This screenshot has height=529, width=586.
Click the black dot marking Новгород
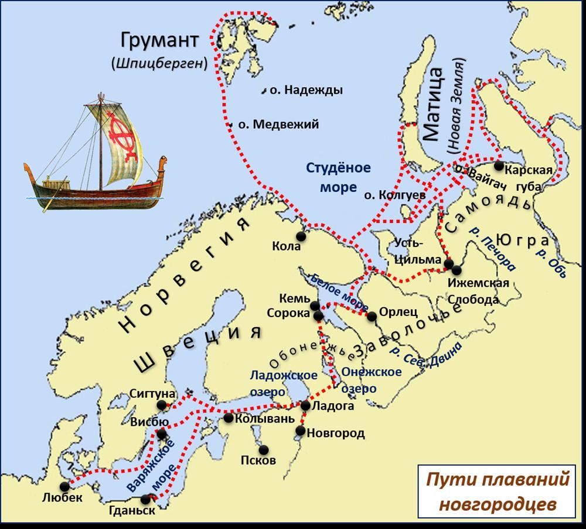pyautogui.click(x=300, y=431)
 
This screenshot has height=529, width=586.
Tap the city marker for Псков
pyautogui.click(x=263, y=449)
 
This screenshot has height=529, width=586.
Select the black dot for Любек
pyautogui.click(x=65, y=486)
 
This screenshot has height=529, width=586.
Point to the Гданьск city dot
pyautogui.click(x=146, y=499)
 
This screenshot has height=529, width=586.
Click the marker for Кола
pyautogui.click(x=301, y=236)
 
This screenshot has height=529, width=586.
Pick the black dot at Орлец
pyautogui.click(x=372, y=317)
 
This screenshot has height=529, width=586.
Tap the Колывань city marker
pyautogui.click(x=229, y=418)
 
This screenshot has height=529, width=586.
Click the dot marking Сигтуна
pyautogui.click(x=162, y=405)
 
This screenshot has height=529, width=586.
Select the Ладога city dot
pyautogui.click(x=305, y=405)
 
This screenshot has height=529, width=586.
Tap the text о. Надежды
pyautogui.click(x=306, y=90)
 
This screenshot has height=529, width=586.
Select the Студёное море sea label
pyautogui.click(x=338, y=177)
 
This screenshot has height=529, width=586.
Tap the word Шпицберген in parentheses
pyautogui.click(x=159, y=64)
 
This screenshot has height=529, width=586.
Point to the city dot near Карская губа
pyautogui.click(x=498, y=166)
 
